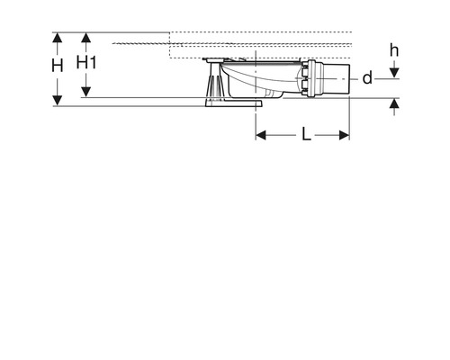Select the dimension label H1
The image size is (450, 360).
(86, 62)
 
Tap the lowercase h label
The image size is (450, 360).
(394, 49)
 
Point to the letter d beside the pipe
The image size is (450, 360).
(367, 78)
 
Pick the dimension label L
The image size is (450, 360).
(306, 134)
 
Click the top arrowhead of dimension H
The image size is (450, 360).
(58, 38)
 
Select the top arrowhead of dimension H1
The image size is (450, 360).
(86, 38)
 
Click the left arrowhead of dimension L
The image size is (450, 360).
(262, 135)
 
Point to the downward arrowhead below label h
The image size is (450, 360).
(394, 71)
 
